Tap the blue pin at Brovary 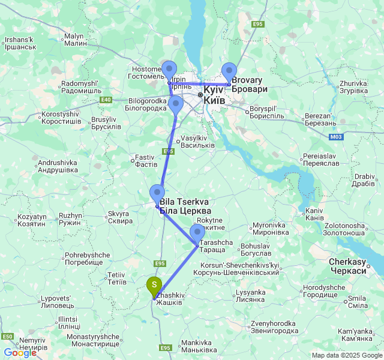(x=229, y=72)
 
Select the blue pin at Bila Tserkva (x=157, y=195)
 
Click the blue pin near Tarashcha (x=197, y=233)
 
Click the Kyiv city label (x=214, y=95)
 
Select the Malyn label (x=74, y=40)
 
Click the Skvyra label (x=120, y=217)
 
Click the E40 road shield (x=106, y=100)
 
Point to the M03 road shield (x=337, y=137)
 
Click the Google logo (x=20, y=353)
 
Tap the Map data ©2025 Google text (x=346, y=355)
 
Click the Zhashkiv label (x=170, y=299)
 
